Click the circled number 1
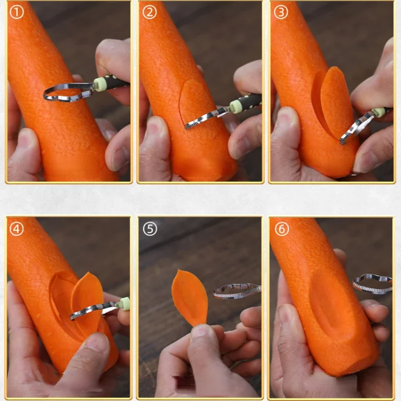[x=17, y=12]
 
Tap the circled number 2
[x=149, y=12]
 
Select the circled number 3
[x=281, y=12]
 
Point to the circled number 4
[x=17, y=229]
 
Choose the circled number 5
[x=150, y=229]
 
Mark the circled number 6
[x=282, y=229]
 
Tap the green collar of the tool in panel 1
[x=98, y=84]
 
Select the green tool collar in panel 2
[x=235, y=106]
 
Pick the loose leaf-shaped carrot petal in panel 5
[x=189, y=297]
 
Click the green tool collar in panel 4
[x=125, y=304]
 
